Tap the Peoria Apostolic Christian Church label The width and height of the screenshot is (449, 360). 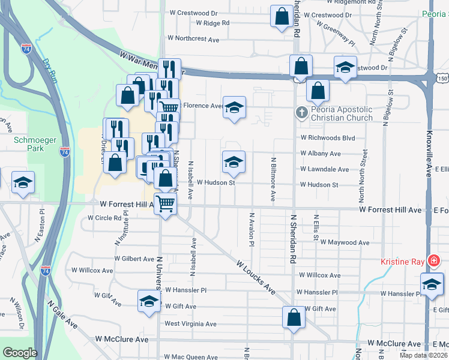pos(342,113)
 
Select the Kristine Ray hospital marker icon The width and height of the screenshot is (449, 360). pos(433,261)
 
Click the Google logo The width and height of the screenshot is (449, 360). pos(20,353)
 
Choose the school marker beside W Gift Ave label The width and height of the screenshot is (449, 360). pos(149,301)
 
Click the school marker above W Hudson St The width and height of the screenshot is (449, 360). pos(234,161)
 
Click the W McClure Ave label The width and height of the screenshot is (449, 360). pos(122,340)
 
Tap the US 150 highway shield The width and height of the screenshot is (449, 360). pos(443,78)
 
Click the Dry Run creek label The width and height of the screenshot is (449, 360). pos(50,67)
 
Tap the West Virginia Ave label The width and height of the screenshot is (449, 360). pos(190,324)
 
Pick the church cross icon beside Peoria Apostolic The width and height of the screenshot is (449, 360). pos(301,112)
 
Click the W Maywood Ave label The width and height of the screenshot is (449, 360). pos(345,242)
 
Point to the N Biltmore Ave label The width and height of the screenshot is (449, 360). pos(273,179)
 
